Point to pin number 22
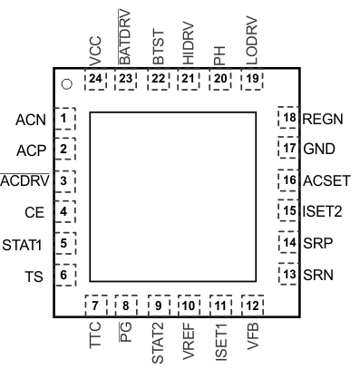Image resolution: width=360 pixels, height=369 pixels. click(158, 79)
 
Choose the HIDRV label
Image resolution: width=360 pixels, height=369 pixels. click(188, 43)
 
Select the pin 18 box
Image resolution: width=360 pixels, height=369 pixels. click(288, 119)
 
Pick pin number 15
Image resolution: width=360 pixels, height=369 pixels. click(288, 212)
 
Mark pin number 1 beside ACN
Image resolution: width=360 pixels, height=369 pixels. click(63, 119)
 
